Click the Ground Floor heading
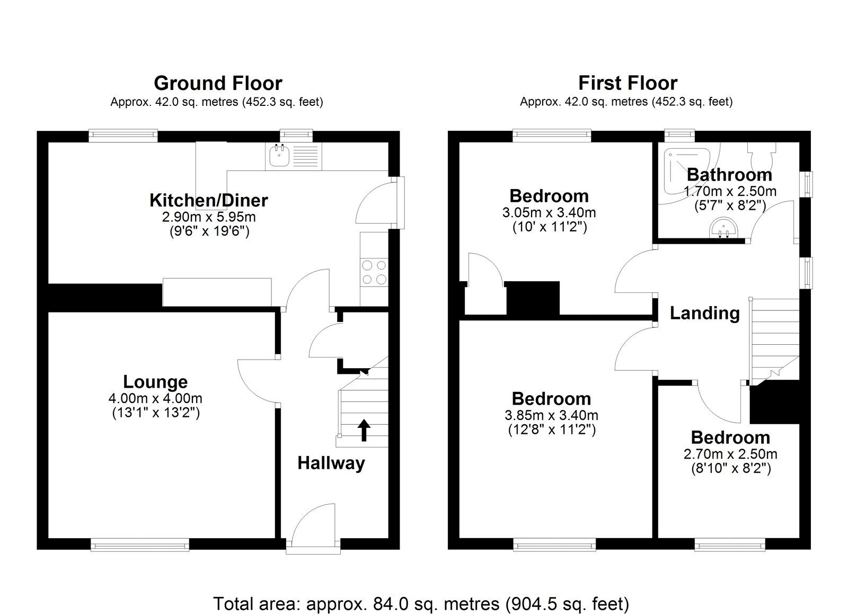click(x=218, y=83)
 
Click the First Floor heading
click(x=628, y=83)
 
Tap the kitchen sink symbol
click(x=279, y=155)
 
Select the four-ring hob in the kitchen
click(x=374, y=272)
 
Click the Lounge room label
click(x=155, y=381)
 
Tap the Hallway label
click(x=331, y=463)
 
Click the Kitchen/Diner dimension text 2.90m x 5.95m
click(x=209, y=217)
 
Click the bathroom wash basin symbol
click(x=723, y=228)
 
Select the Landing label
click(x=704, y=313)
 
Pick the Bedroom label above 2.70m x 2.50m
click(x=730, y=438)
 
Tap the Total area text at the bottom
click(x=421, y=603)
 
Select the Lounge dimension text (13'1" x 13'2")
click(x=156, y=413)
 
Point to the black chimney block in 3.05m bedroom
click(x=533, y=299)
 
